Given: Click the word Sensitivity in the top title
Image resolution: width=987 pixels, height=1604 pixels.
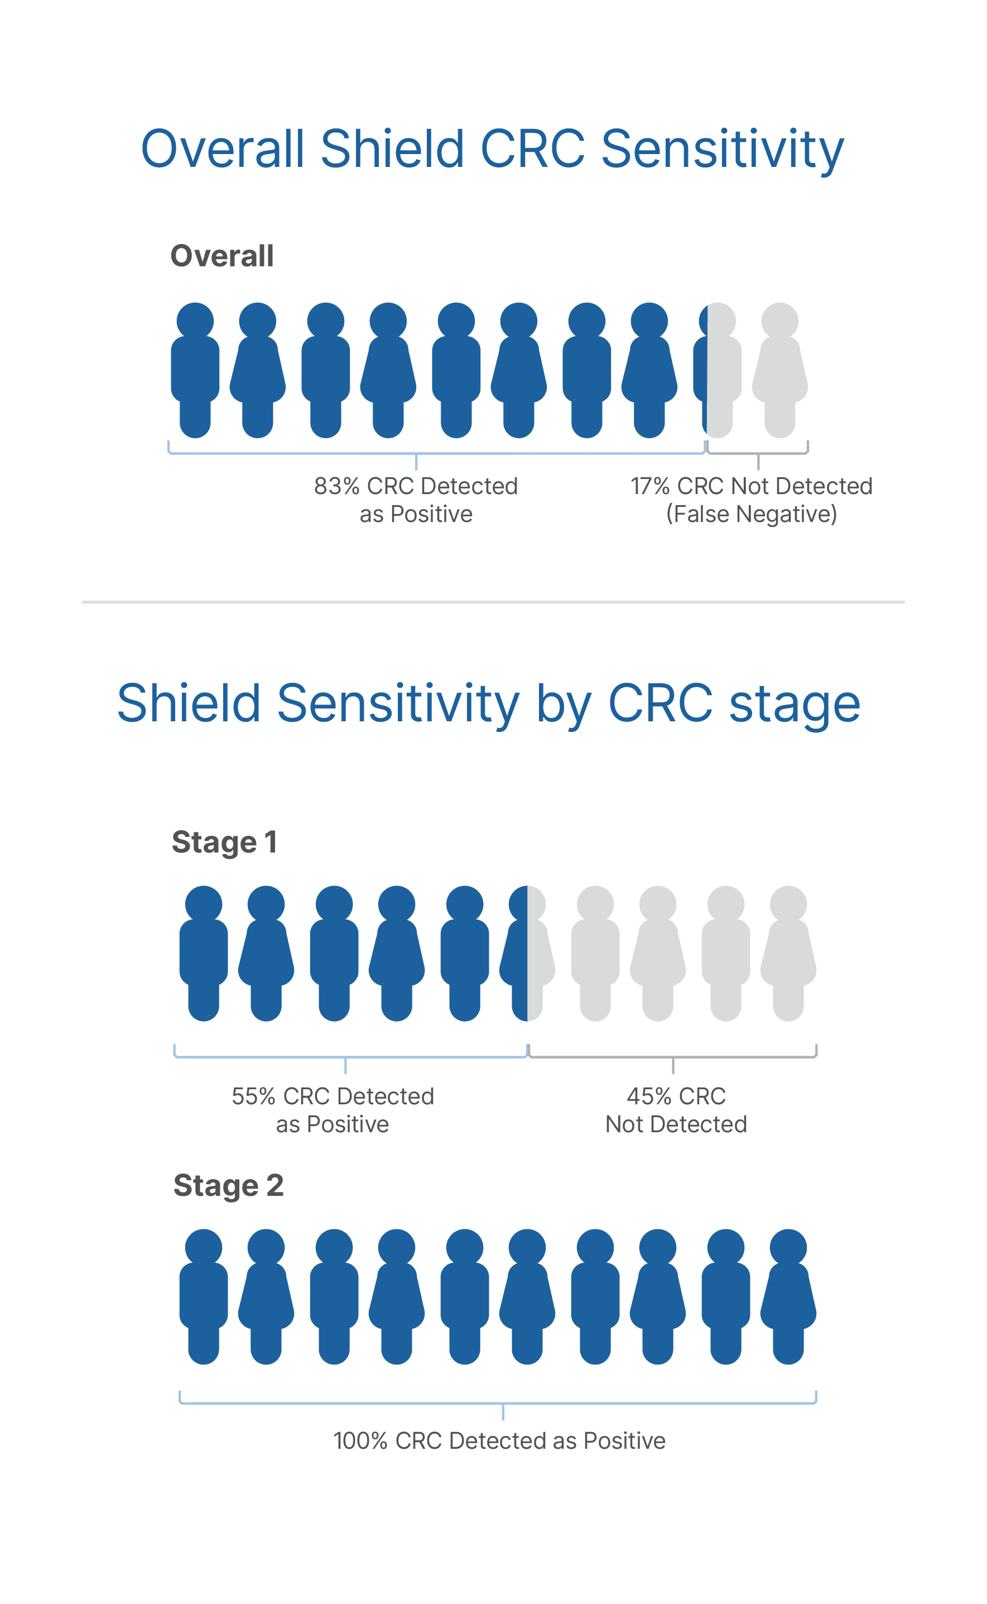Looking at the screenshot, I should coord(722,150).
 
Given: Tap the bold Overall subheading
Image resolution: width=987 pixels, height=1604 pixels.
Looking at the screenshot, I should coord(222,256).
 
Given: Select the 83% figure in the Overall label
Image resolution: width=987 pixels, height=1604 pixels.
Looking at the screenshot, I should coord(336,486).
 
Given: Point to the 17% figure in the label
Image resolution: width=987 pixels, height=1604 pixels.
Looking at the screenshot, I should coord(649,486).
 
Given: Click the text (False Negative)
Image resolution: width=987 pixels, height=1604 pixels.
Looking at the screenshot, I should coord(752,515).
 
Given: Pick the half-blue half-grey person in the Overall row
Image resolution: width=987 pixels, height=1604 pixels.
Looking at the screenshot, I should coord(717,370).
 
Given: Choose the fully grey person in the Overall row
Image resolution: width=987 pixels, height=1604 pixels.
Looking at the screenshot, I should coord(779,370).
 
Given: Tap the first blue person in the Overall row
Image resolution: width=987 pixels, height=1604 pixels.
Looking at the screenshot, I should coord(195,370).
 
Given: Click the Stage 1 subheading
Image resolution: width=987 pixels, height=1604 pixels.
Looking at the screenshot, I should coord(224,842).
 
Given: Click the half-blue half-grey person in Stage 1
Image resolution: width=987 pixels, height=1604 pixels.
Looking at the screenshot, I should coord(527,953).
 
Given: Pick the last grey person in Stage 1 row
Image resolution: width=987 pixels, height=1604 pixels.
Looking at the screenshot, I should coord(788,953).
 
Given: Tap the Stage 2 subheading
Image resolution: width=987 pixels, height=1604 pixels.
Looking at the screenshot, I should coord(228,1185).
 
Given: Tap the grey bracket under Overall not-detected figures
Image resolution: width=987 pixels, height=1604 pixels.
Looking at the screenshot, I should coord(758,453).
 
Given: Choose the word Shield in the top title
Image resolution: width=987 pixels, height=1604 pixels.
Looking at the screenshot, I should coord(392,149).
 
